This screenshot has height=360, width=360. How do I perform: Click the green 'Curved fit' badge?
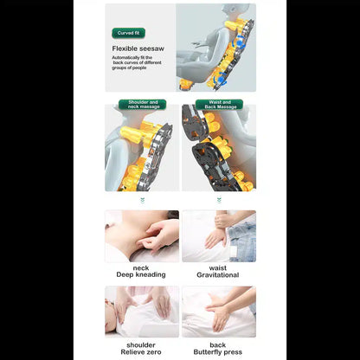point(129,33)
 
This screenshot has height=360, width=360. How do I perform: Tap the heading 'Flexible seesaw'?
point(138,48)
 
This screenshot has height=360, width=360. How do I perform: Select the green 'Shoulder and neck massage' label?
point(142,104)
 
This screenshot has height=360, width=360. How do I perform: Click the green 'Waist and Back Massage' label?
point(220,104)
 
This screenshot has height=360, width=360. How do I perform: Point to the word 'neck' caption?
point(142,267)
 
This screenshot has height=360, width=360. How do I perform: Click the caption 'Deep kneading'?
point(142,275)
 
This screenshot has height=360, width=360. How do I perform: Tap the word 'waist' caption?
point(218,267)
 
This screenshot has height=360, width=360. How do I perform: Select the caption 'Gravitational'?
point(218,275)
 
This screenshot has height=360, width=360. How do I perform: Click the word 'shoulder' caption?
point(142,343)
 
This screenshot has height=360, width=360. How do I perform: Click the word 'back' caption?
point(218,343)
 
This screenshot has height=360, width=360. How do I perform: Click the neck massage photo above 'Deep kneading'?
point(142,235)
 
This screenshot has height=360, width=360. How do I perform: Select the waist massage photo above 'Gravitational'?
point(218,235)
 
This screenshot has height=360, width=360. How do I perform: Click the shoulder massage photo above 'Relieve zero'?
point(142,312)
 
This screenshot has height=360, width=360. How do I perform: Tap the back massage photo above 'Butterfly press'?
point(218,312)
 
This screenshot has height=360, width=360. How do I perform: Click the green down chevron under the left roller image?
point(142,199)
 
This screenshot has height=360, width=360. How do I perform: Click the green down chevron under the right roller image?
point(218,199)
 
